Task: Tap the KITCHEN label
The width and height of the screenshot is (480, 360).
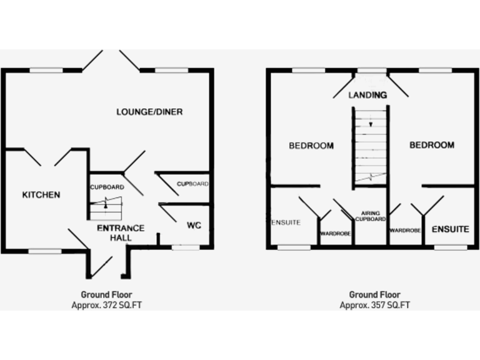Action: [41, 195]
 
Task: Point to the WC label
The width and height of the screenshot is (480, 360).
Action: [193, 225]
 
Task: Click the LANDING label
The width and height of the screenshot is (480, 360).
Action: [367, 95]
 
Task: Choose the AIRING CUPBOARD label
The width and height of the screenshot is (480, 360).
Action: [371, 216]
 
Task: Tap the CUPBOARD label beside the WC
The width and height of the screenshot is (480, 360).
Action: [192, 184]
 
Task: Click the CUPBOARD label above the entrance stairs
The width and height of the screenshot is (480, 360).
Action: [107, 187]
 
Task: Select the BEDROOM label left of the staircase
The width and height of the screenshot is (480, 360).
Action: [311, 146]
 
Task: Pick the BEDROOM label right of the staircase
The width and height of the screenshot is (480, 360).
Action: [432, 145]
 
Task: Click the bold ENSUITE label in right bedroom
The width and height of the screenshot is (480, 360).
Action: [450, 229]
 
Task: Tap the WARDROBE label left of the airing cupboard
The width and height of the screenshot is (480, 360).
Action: [336, 234]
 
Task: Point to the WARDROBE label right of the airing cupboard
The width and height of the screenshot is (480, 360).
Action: [405, 230]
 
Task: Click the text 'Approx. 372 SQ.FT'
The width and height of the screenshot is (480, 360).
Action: [106, 306]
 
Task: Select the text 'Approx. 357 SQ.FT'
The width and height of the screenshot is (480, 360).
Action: [375, 306]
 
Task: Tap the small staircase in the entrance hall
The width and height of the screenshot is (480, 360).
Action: [106, 206]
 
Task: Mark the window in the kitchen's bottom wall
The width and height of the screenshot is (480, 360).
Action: [46, 251]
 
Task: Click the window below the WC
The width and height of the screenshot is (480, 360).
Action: [185, 247]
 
